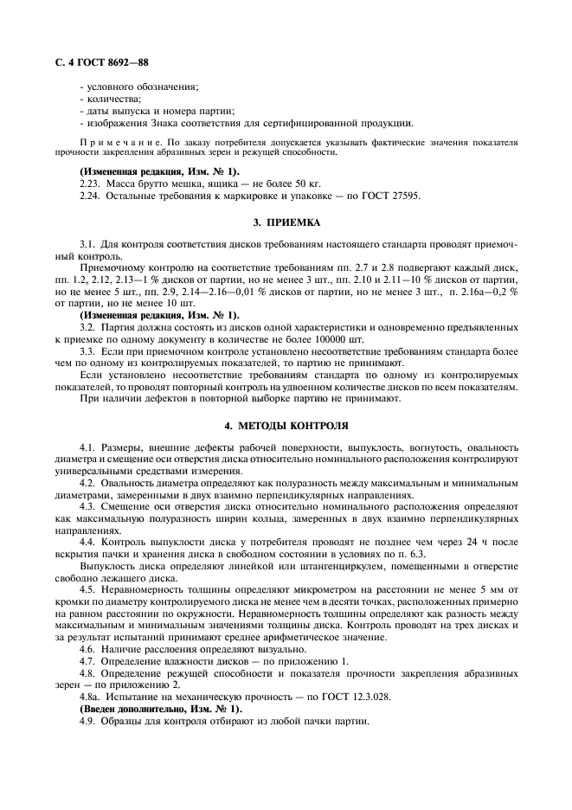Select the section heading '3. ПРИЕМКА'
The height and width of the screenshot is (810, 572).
point(286,222)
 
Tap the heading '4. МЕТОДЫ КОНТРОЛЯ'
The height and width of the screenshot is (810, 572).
point(286,426)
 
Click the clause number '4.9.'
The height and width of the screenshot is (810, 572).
point(87,721)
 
